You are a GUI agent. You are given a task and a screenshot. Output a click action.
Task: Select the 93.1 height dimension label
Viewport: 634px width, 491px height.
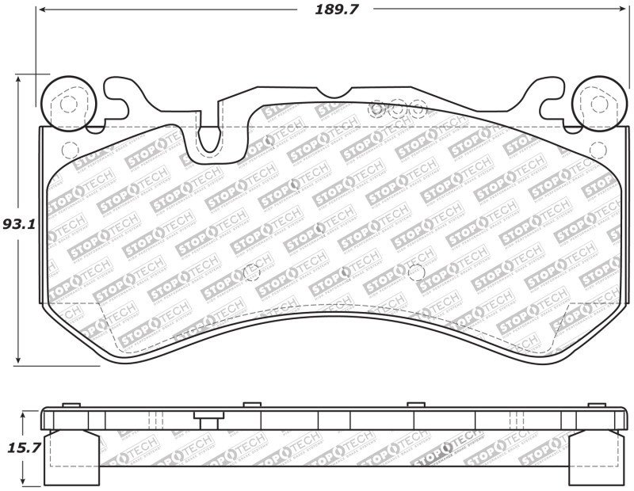pyautogui.click(x=18, y=224)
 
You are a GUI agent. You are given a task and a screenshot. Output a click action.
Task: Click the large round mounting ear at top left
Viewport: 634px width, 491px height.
pyautogui.click(x=68, y=101)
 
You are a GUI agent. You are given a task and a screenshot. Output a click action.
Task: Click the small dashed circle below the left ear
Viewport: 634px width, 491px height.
pyautogui.click(x=69, y=149)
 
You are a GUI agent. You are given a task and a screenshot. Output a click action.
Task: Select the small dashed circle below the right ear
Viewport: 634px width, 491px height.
pyautogui.click(x=598, y=149)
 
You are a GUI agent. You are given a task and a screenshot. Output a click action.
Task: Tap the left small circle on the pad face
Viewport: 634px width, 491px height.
pyautogui.click(x=251, y=272)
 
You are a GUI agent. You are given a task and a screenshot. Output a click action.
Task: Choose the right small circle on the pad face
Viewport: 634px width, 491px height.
pyautogui.click(x=415, y=272)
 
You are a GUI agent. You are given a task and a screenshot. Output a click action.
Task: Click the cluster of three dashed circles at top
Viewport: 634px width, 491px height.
pyautogui.click(x=398, y=108)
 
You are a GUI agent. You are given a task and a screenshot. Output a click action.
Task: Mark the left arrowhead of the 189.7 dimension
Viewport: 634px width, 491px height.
pyautogui.click(x=42, y=10)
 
